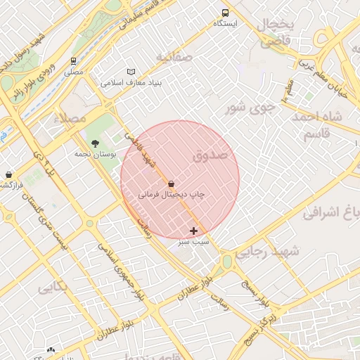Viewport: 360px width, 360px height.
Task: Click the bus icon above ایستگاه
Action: (x=225, y=13)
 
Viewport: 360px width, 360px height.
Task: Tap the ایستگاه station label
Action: (x=226, y=24)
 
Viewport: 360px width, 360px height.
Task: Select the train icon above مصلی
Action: (x=74, y=61)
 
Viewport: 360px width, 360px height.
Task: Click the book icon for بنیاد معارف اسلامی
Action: (x=131, y=72)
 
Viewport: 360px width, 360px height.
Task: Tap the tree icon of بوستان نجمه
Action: (x=95, y=143)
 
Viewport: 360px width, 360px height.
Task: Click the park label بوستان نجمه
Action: (x=94, y=153)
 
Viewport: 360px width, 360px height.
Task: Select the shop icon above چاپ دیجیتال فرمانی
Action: (x=171, y=184)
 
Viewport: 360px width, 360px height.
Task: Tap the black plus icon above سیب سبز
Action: (x=193, y=231)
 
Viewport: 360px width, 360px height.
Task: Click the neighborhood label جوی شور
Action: (x=248, y=108)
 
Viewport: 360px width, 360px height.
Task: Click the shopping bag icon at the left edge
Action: (x=8, y=174)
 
